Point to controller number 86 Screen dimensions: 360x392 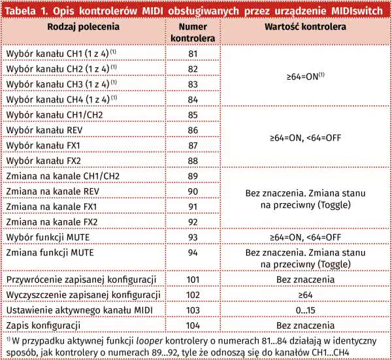point(193,130)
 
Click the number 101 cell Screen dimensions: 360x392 point(193,280)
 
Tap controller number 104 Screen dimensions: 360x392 point(193,325)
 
